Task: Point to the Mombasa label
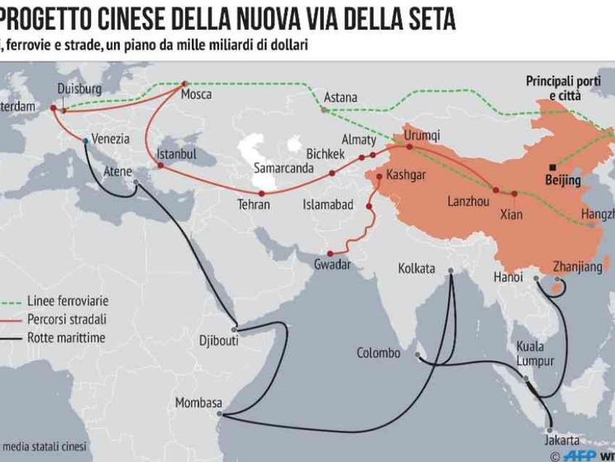click(198, 403)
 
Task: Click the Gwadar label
click(332, 265)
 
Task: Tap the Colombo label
click(379, 354)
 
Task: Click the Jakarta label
click(562, 440)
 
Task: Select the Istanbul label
click(177, 154)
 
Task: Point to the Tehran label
click(254, 204)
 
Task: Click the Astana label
click(340, 98)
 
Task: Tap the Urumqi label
click(422, 135)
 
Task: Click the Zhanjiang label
click(554, 267)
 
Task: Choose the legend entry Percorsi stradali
click(67, 320)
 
